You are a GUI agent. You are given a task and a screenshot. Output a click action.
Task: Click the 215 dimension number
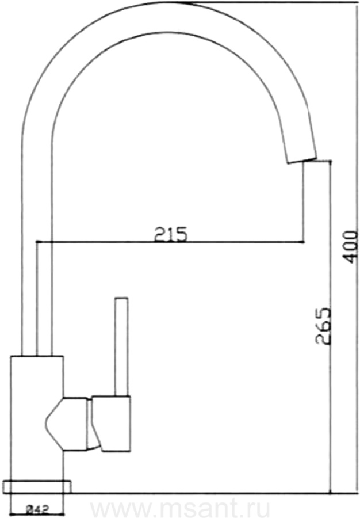point(170,234)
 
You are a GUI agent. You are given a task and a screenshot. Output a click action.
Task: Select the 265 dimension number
point(323,326)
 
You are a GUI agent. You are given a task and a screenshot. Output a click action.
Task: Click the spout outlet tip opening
point(302,159)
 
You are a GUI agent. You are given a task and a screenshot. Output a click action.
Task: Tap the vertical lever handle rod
point(121,346)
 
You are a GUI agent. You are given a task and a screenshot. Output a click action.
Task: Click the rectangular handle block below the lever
point(111,424)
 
